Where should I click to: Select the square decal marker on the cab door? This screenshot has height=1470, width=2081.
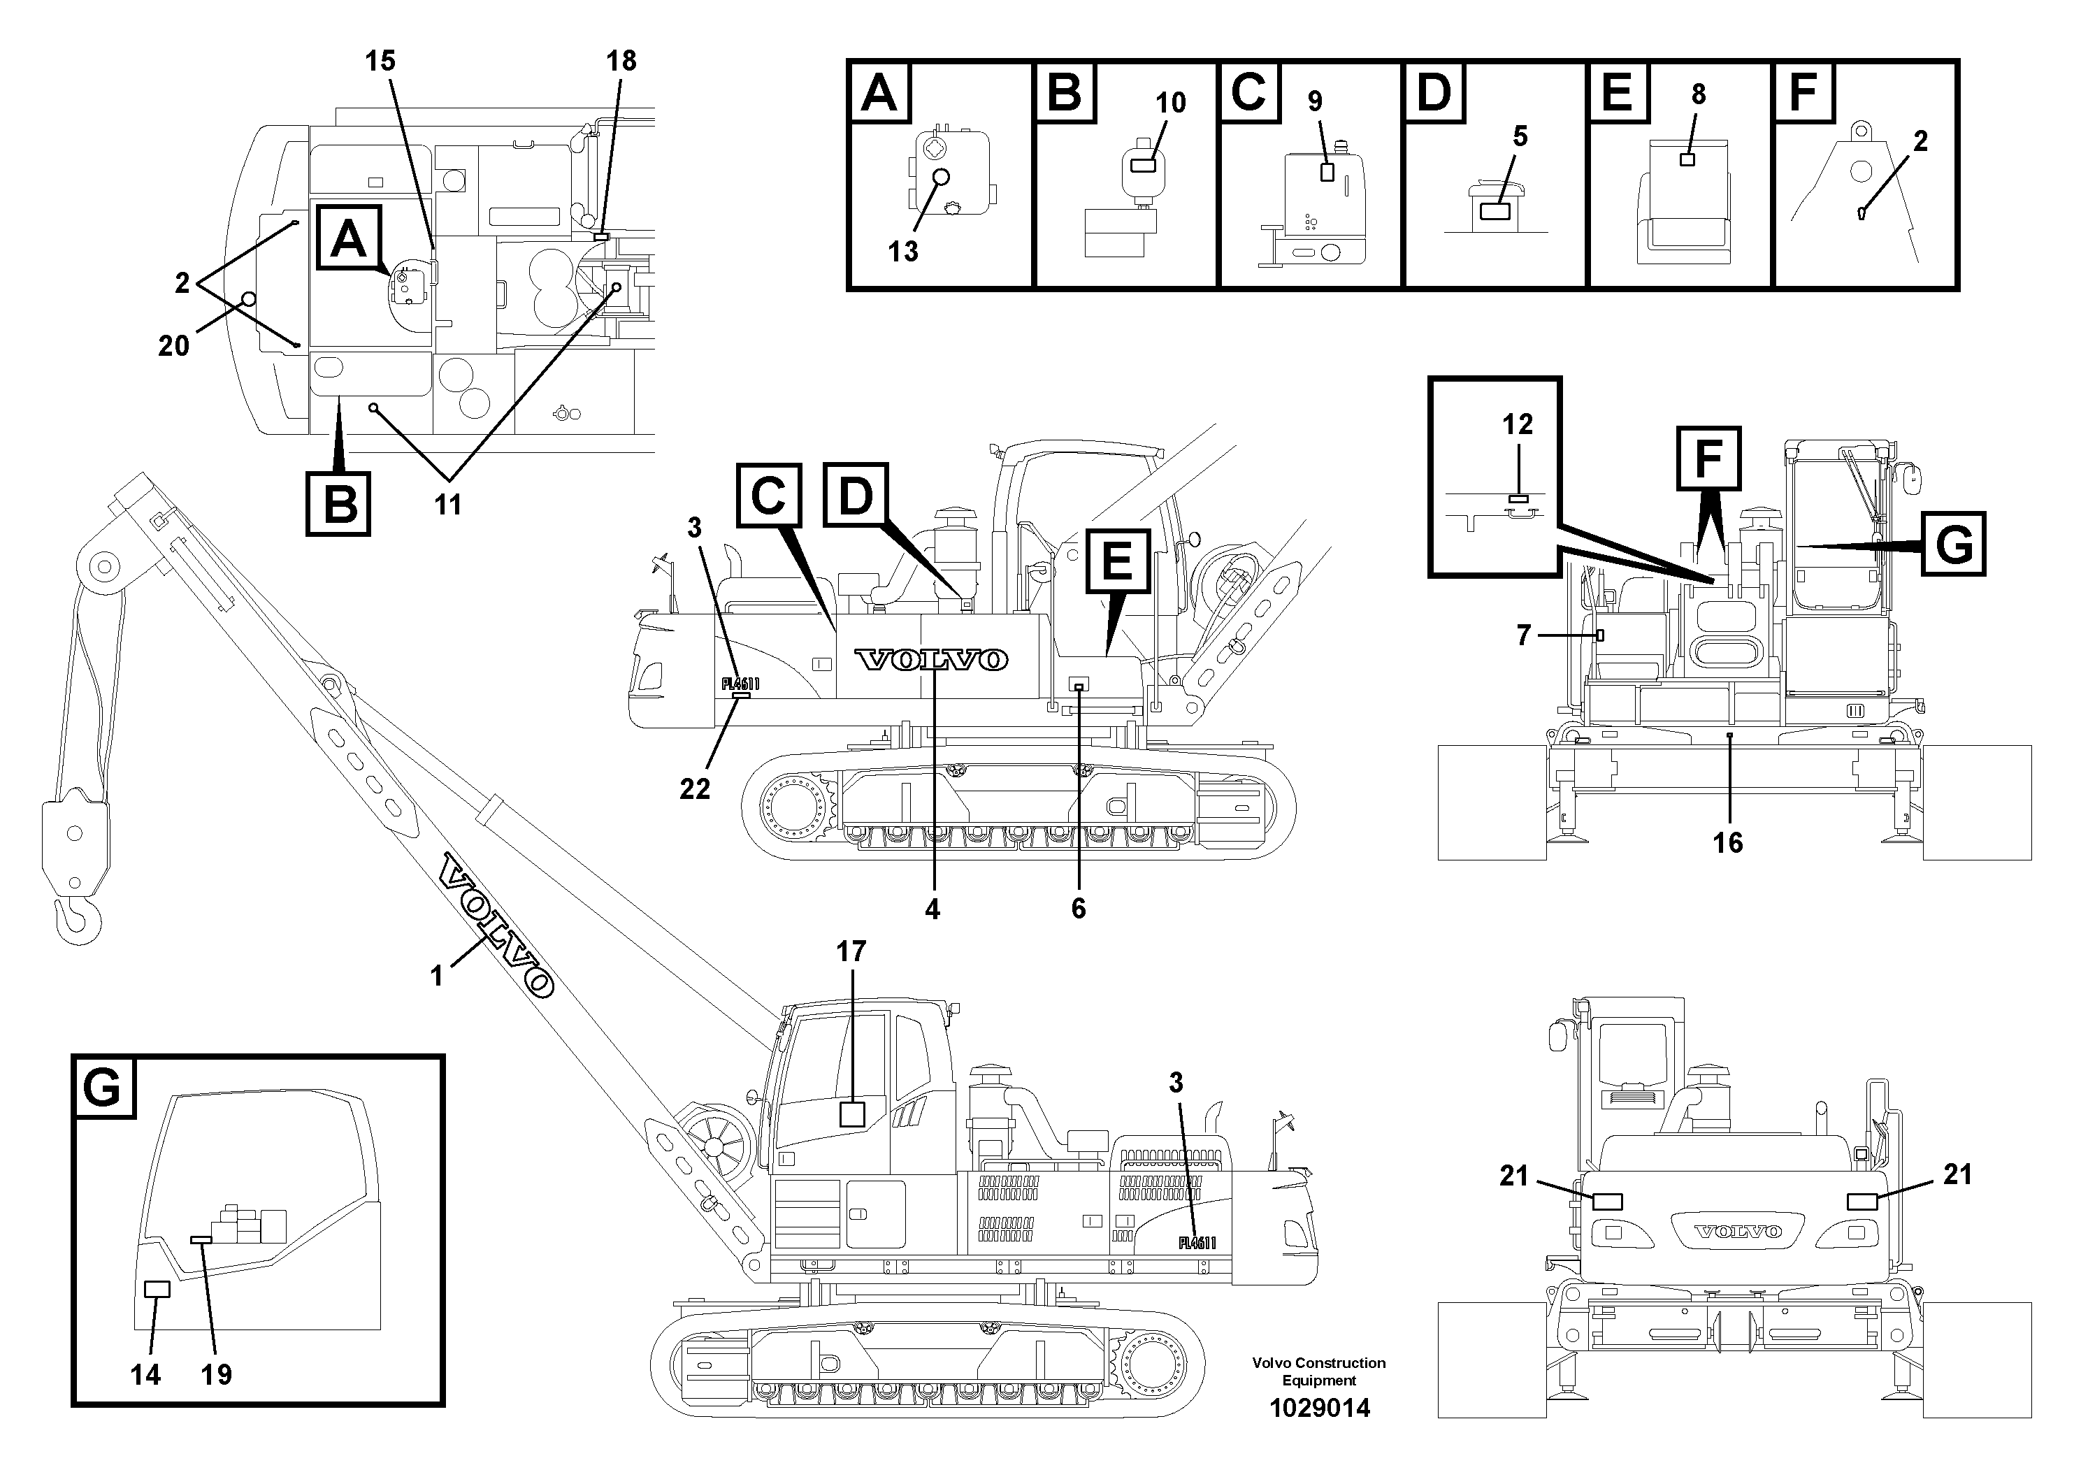[x=852, y=1113]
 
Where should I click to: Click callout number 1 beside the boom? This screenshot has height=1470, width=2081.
[x=437, y=976]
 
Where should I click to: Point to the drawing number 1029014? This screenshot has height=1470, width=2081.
[x=1319, y=1408]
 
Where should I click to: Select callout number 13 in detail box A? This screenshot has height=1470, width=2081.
[x=902, y=251]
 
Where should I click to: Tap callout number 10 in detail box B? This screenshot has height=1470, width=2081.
[x=1170, y=103]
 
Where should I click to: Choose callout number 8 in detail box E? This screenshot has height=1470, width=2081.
[x=1698, y=94]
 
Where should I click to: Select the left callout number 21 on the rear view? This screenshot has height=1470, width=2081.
[x=1513, y=1176]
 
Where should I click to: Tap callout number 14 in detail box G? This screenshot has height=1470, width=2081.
[x=145, y=1375]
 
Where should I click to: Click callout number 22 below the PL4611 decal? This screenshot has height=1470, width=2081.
[x=695, y=789]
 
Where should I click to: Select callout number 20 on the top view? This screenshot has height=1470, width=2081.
[x=173, y=345]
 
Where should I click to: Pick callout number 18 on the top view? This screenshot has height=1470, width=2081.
[x=621, y=61]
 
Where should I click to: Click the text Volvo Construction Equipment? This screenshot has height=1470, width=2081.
[x=1319, y=1371]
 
